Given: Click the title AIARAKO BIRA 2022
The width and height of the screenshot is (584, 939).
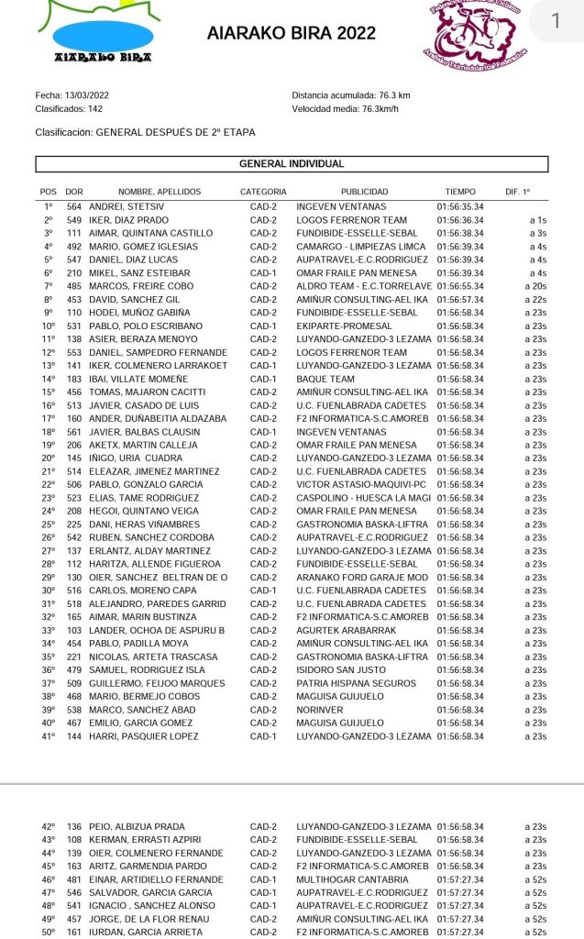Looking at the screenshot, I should pos(292,34).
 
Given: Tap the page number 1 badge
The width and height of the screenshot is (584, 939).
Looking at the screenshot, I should pos(556,21).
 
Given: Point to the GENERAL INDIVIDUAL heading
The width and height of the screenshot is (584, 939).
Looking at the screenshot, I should pos(292,164).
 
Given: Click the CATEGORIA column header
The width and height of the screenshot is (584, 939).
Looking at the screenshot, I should pos(263,193).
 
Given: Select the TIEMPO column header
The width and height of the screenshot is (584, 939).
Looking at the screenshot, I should pos(460,193).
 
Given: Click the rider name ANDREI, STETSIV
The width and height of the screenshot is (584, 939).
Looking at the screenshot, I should pos(119,206).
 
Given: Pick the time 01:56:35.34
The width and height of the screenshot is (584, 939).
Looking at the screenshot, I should pos(460,206).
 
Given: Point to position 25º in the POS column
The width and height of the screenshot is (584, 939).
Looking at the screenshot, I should pos(49,525).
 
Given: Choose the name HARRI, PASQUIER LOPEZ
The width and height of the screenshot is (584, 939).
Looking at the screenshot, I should pos(143,735).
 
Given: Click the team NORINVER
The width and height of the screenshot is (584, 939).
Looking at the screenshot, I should pos(319,709).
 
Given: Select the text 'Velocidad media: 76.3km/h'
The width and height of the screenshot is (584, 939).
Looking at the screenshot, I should pos(345,109).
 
